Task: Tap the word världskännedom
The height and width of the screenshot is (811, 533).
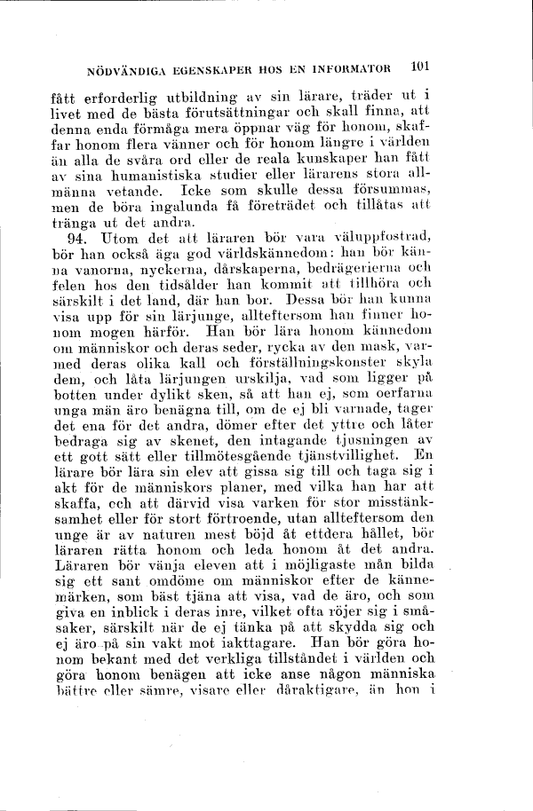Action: click(x=277, y=254)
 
